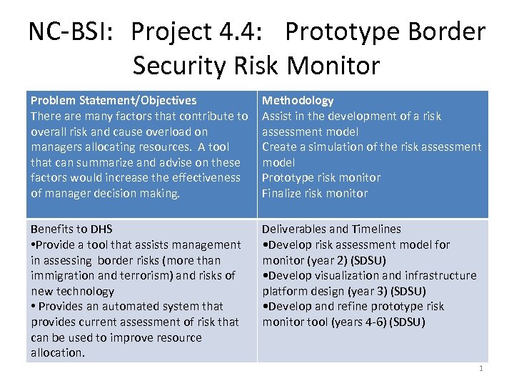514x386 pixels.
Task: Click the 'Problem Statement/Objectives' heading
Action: coord(114,101)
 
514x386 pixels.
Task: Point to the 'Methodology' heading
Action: coord(298,101)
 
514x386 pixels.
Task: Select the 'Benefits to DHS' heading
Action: coord(71,229)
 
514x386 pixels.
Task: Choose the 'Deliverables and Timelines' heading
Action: coord(331,229)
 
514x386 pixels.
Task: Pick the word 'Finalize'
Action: coord(283,193)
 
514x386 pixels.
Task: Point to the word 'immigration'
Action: coord(61,276)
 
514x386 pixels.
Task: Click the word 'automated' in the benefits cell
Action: coord(140,307)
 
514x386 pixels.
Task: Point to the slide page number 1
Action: coord(481,369)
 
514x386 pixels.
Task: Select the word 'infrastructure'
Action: coord(440,276)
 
